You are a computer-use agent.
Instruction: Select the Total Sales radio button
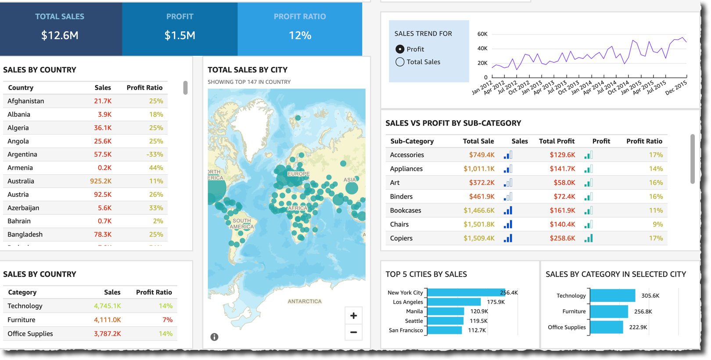click(400, 62)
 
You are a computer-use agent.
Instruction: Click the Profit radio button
click(400, 49)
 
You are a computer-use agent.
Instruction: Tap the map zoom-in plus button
click(353, 316)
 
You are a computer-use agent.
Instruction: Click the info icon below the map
click(214, 337)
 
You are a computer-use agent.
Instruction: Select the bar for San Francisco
click(444, 330)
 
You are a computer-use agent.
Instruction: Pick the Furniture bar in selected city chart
click(609, 312)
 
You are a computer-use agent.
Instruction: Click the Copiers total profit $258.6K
click(562, 238)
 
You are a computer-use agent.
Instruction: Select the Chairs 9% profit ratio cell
click(657, 224)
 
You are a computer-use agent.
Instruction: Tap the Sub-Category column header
click(412, 141)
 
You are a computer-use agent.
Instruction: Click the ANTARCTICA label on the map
click(305, 302)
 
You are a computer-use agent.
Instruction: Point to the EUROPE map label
click(298, 174)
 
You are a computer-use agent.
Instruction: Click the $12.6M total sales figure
click(60, 36)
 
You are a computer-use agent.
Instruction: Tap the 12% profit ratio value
click(300, 36)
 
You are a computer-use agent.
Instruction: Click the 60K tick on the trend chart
click(482, 34)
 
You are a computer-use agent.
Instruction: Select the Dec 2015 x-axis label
click(676, 88)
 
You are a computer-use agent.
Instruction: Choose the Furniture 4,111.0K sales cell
click(107, 320)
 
